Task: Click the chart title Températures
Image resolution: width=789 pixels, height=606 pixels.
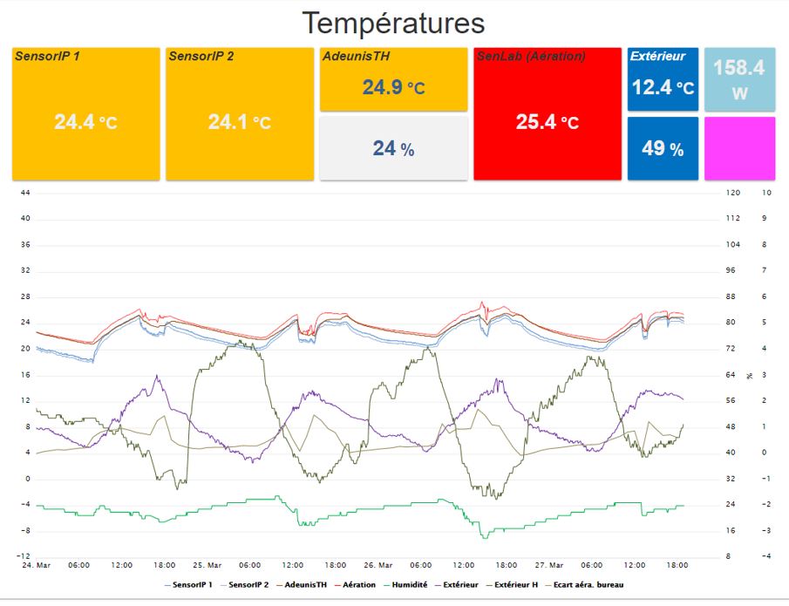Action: coord(393,22)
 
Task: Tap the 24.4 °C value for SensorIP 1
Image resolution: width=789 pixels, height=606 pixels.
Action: coord(85,122)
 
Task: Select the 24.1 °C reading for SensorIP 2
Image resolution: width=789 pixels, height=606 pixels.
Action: coord(239,122)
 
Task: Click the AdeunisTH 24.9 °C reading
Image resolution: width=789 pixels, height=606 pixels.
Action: coord(394,87)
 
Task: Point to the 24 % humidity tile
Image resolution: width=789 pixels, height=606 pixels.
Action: coord(394,149)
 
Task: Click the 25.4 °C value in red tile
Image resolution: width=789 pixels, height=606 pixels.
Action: coord(547,122)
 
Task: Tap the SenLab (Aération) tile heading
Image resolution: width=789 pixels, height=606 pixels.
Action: coord(532,56)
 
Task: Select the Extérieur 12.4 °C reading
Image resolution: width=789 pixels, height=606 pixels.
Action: coord(663,87)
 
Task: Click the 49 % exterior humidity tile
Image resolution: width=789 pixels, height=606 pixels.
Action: coord(663,149)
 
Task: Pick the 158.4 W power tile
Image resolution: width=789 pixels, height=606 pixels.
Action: coord(739,79)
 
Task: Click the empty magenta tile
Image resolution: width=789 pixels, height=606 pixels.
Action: coord(739,148)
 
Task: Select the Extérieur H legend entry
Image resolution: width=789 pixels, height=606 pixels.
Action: coord(522,584)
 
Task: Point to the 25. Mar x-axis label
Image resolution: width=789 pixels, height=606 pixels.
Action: coord(207,565)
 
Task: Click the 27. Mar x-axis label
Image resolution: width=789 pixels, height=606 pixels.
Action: coord(549,565)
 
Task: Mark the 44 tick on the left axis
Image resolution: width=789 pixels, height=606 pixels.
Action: coord(25,192)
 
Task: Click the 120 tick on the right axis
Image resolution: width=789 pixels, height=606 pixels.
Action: coord(732,192)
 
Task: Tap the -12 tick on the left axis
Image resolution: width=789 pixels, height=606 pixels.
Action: coord(25,556)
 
